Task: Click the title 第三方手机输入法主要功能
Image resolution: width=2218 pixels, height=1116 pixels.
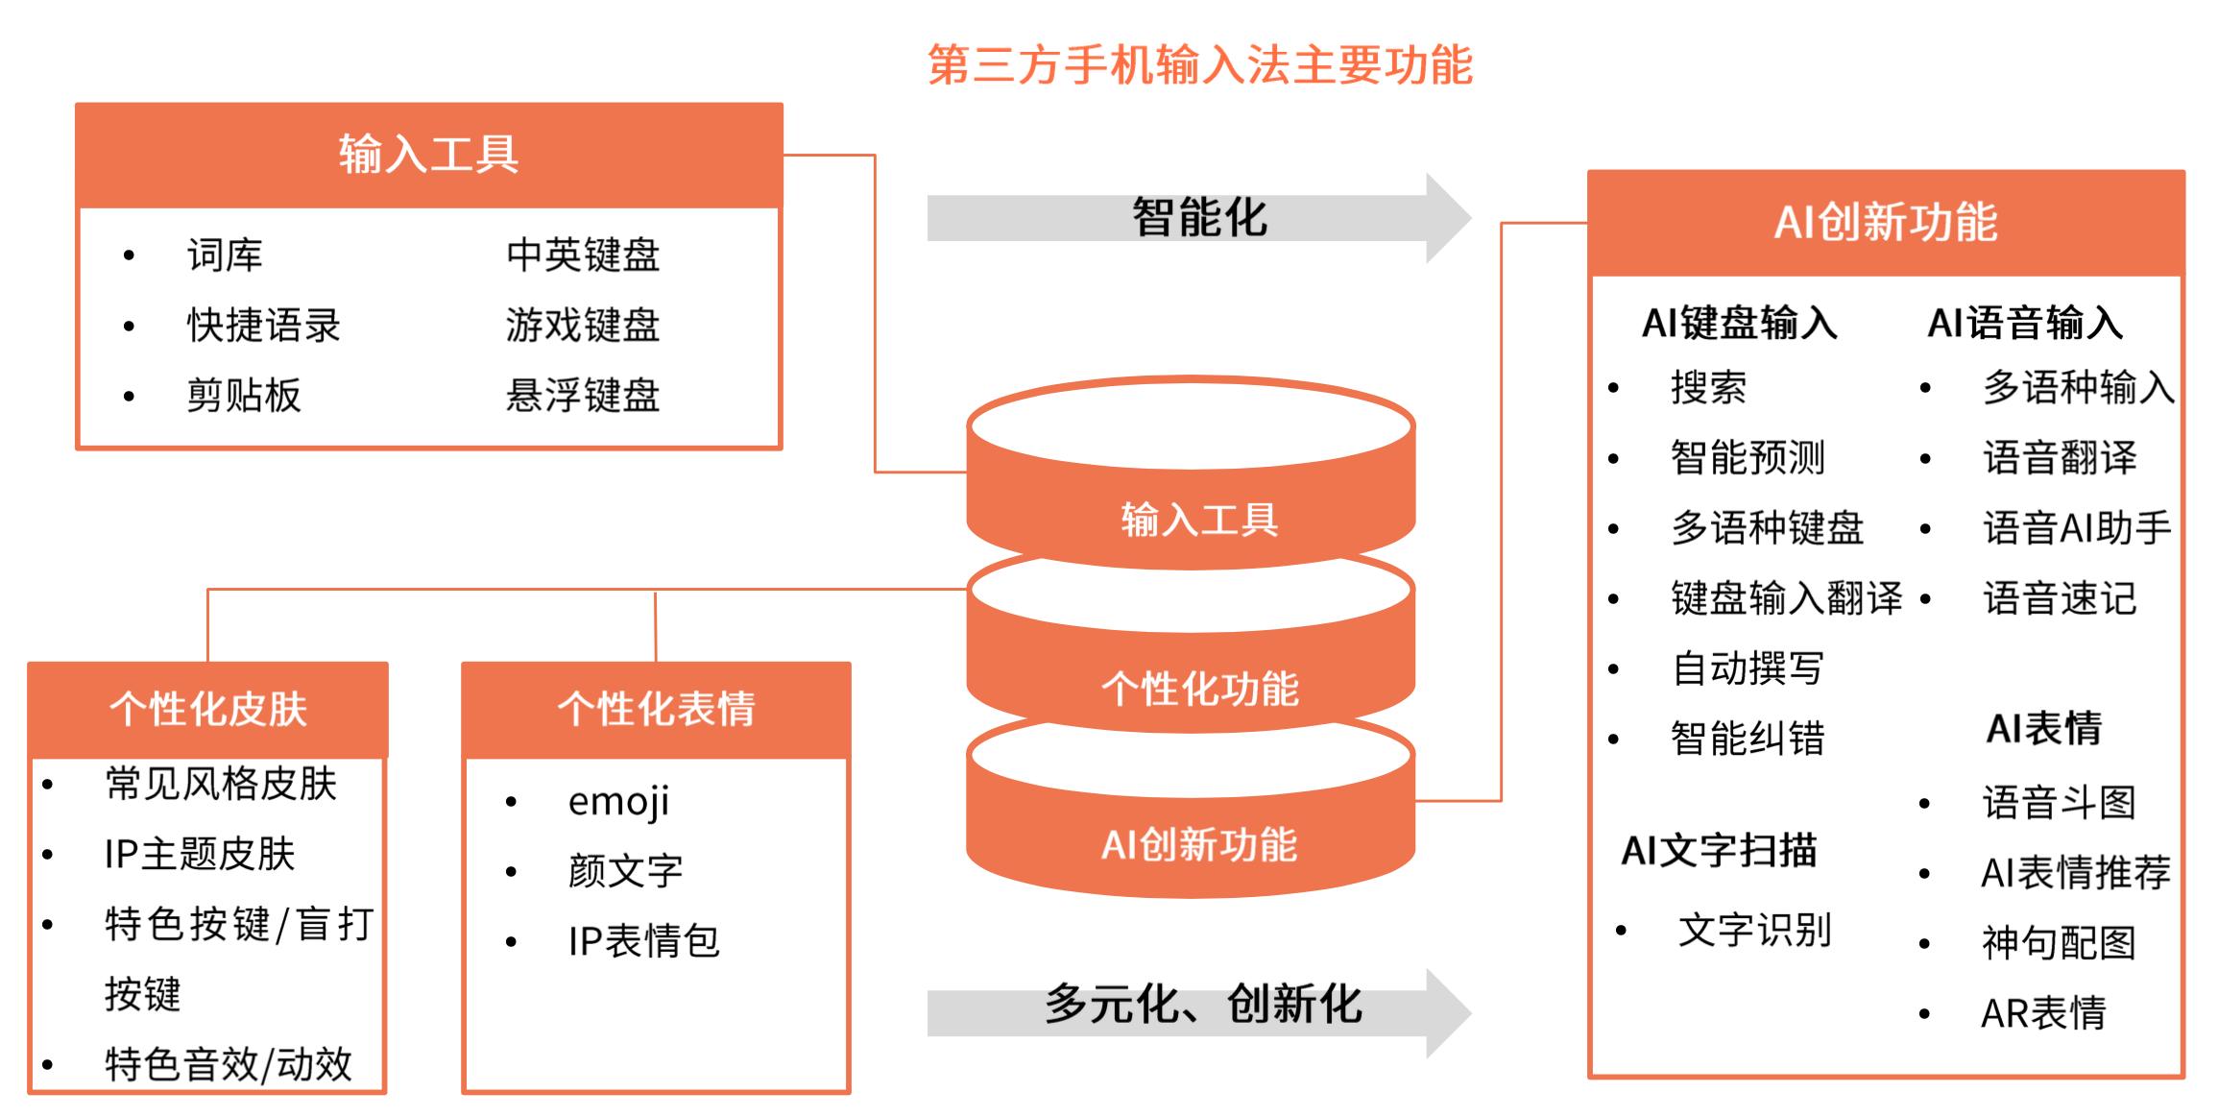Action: coord(1199,65)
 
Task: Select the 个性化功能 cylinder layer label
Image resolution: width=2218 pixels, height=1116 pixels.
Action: coord(1199,689)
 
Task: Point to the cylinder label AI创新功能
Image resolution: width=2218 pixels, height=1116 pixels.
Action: coord(1199,845)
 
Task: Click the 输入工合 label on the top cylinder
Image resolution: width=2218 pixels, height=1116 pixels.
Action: coord(1199,520)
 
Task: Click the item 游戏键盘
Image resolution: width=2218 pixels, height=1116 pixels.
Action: coord(583,326)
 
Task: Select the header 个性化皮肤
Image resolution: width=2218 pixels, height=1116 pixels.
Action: coord(207,710)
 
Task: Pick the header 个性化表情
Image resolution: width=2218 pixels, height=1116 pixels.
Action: coord(656,710)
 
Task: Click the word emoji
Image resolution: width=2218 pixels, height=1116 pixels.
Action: coord(618,802)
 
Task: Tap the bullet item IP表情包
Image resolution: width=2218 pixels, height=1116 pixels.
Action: coord(643,941)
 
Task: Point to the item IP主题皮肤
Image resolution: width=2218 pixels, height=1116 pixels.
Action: coord(199,854)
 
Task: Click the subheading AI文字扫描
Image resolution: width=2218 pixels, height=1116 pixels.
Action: coord(1719,851)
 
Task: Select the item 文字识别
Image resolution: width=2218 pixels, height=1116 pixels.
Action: coord(1754,930)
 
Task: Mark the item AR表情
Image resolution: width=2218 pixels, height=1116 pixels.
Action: coord(2043,1013)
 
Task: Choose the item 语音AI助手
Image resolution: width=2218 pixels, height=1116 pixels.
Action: coord(2077,528)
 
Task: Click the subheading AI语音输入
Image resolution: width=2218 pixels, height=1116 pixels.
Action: coord(2025,323)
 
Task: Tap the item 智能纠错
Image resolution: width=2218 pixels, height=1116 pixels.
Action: coord(1748,739)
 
